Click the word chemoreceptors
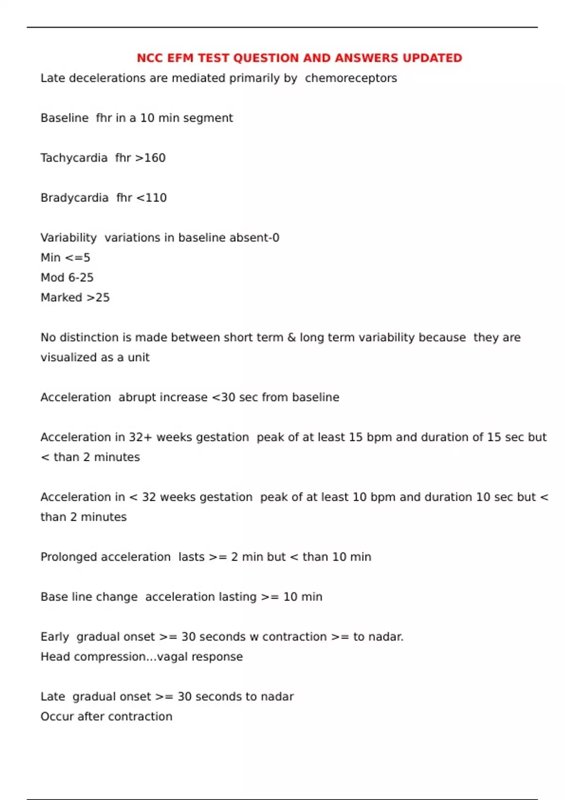tap(351, 78)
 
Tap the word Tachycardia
tap(74, 158)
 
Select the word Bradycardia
tap(74, 198)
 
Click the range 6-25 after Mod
tap(81, 278)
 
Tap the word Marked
tap(61, 297)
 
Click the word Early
tap(55, 637)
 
